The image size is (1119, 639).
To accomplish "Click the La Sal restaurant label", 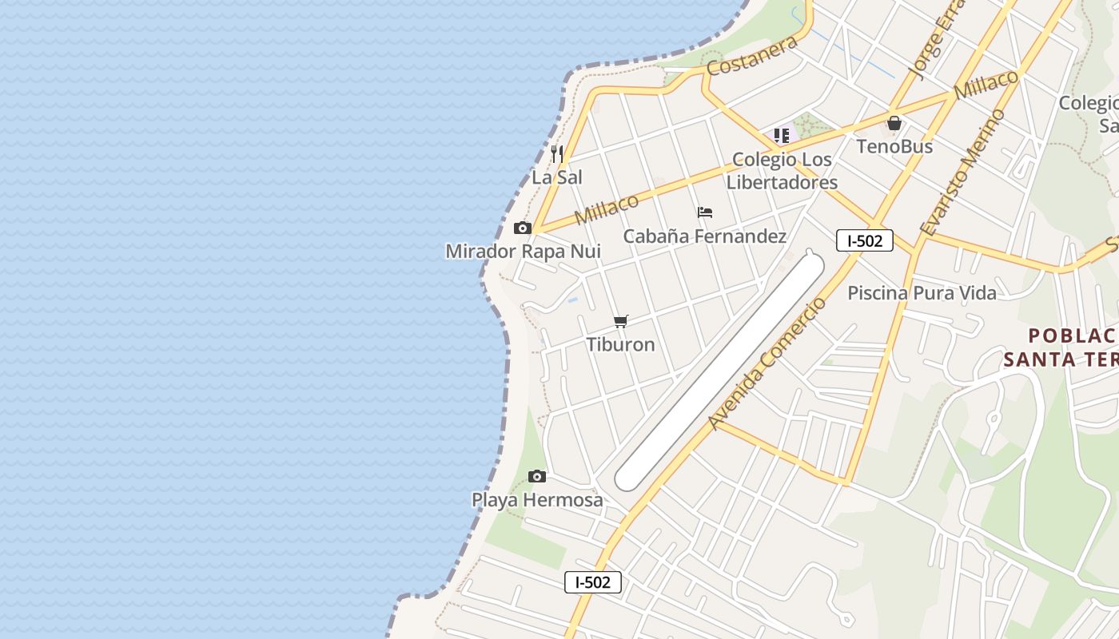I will (x=557, y=177).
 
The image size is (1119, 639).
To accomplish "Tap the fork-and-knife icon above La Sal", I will (x=557, y=153).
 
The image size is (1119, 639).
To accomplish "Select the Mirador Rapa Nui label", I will (x=523, y=251).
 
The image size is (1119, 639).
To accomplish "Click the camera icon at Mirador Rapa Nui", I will (x=523, y=228).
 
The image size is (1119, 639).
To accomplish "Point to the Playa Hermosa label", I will (x=537, y=500).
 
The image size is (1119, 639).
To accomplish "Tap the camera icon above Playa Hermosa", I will (x=537, y=477).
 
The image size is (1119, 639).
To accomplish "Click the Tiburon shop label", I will (x=620, y=344).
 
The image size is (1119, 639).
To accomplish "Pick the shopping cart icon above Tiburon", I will (x=621, y=321).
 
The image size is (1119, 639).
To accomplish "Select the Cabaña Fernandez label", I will (x=704, y=236).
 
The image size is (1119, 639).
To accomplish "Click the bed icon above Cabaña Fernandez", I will (x=705, y=212).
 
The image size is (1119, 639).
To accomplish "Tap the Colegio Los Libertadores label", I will (x=781, y=171).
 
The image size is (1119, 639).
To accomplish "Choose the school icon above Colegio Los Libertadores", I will (x=782, y=136).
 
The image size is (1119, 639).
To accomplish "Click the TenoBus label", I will (x=894, y=146).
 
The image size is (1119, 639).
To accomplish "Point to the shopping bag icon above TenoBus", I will (x=894, y=123).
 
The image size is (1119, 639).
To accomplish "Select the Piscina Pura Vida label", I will (x=922, y=292).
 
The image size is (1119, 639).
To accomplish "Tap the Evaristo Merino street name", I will (x=962, y=173).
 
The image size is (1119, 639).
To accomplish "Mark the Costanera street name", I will (x=752, y=56).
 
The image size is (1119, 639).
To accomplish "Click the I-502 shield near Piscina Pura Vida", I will (x=864, y=240).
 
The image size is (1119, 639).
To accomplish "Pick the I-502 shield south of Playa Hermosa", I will (x=593, y=582).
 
